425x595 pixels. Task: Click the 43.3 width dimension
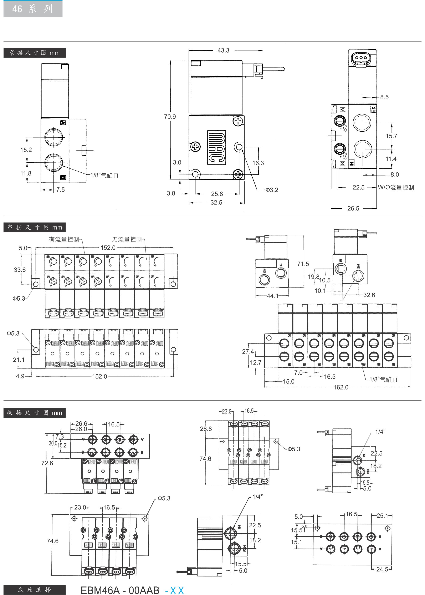pyautogui.click(x=223, y=50)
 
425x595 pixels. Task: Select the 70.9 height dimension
pyautogui.click(x=170, y=117)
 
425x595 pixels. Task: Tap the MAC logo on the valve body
pyautogui.click(x=216, y=147)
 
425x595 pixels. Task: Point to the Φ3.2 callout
pyautogui.click(x=272, y=190)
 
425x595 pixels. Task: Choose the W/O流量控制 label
pyautogui.click(x=396, y=187)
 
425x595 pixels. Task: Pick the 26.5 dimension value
pyautogui.click(x=353, y=208)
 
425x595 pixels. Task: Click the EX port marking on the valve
pyautogui.click(x=373, y=109)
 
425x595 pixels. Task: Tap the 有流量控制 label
pyautogui.click(x=64, y=239)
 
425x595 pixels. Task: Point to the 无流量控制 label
pyautogui.click(x=127, y=239)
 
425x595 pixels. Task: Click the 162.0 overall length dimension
pyautogui.click(x=341, y=387)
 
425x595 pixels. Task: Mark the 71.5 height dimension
pyautogui.click(x=303, y=264)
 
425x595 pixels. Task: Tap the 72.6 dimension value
pyautogui.click(x=47, y=463)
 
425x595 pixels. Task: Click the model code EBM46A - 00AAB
pyautogui.click(x=120, y=590)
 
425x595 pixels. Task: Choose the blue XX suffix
pyautogui.click(x=177, y=591)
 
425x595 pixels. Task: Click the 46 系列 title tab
pyautogui.click(x=33, y=9)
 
